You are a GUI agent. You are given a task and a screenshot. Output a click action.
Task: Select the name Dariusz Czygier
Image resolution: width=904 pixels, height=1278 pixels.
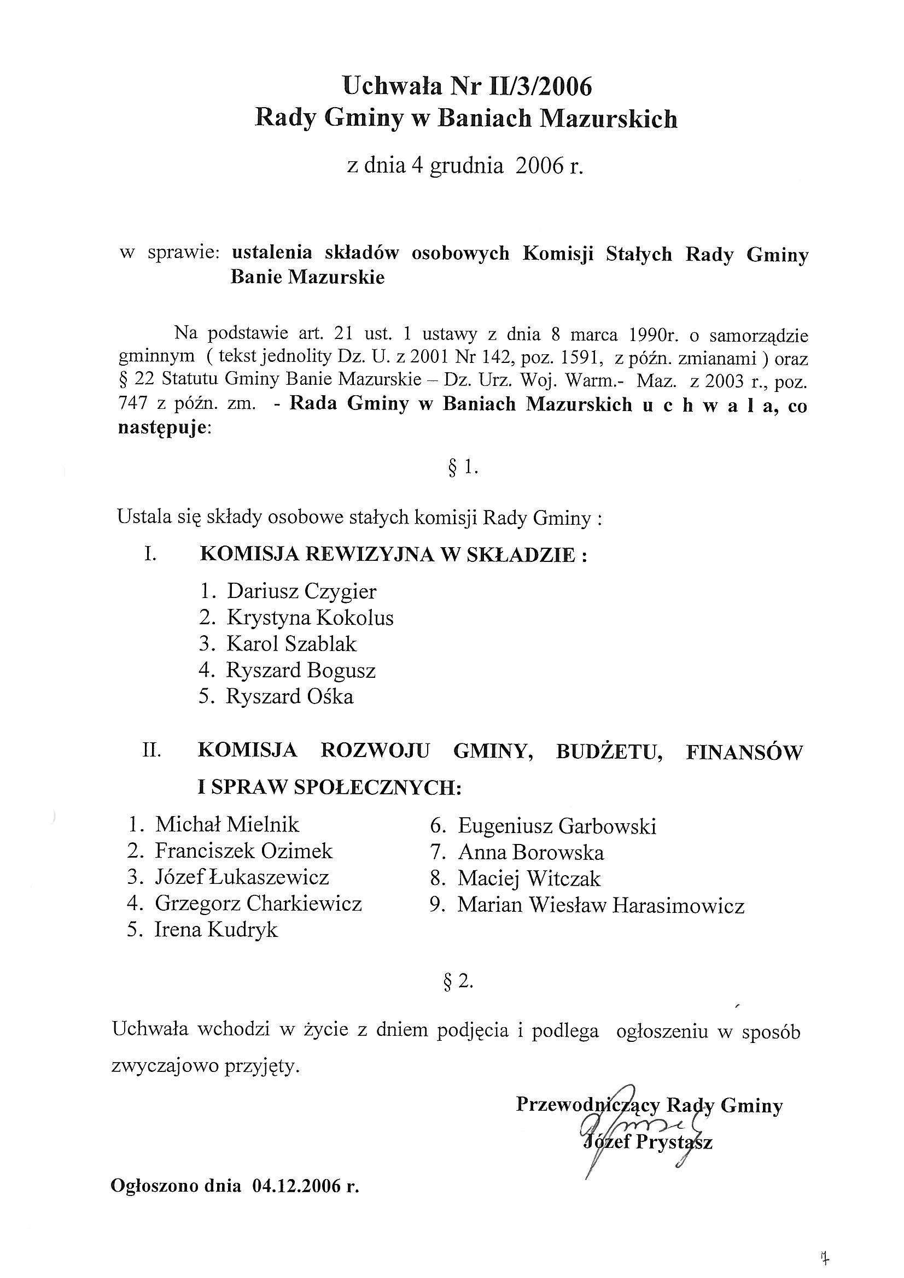pyautogui.click(x=301, y=591)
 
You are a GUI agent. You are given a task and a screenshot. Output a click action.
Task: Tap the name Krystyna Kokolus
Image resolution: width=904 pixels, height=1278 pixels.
pyautogui.click(x=310, y=618)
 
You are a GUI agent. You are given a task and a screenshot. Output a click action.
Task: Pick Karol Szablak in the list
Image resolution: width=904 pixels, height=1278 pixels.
pyautogui.click(x=291, y=644)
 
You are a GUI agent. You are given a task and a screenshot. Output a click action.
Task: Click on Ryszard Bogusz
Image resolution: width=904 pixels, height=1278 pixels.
pyautogui.click(x=301, y=670)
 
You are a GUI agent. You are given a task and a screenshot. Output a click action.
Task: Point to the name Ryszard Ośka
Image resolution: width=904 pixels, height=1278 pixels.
pyautogui.click(x=290, y=697)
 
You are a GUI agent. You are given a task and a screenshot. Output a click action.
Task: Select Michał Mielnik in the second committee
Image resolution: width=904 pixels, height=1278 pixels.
pyautogui.click(x=228, y=825)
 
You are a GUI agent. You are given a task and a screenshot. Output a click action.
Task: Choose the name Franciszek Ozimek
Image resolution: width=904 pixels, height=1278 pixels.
pyautogui.click(x=243, y=851)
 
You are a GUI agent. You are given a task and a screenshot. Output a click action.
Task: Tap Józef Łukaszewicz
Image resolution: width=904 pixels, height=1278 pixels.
pyautogui.click(x=242, y=878)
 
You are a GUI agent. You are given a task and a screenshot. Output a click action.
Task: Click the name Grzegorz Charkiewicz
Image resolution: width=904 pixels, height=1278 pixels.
pyautogui.click(x=259, y=904)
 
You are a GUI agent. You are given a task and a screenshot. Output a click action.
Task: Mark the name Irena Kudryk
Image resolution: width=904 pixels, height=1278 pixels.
pyautogui.click(x=216, y=930)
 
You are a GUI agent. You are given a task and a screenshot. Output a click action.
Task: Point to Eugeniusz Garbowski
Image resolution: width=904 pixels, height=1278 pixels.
pyautogui.click(x=557, y=826)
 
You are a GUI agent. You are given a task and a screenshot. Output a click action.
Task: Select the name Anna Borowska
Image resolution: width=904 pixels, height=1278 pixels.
pyautogui.click(x=531, y=853)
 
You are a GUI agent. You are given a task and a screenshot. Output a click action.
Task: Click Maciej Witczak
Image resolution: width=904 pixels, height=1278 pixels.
pyautogui.click(x=529, y=880)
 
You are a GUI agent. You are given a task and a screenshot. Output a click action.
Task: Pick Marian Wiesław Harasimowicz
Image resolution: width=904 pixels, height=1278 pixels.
pyautogui.click(x=600, y=906)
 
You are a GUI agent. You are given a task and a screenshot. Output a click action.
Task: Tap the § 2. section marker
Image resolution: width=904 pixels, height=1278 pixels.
pyautogui.click(x=458, y=983)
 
